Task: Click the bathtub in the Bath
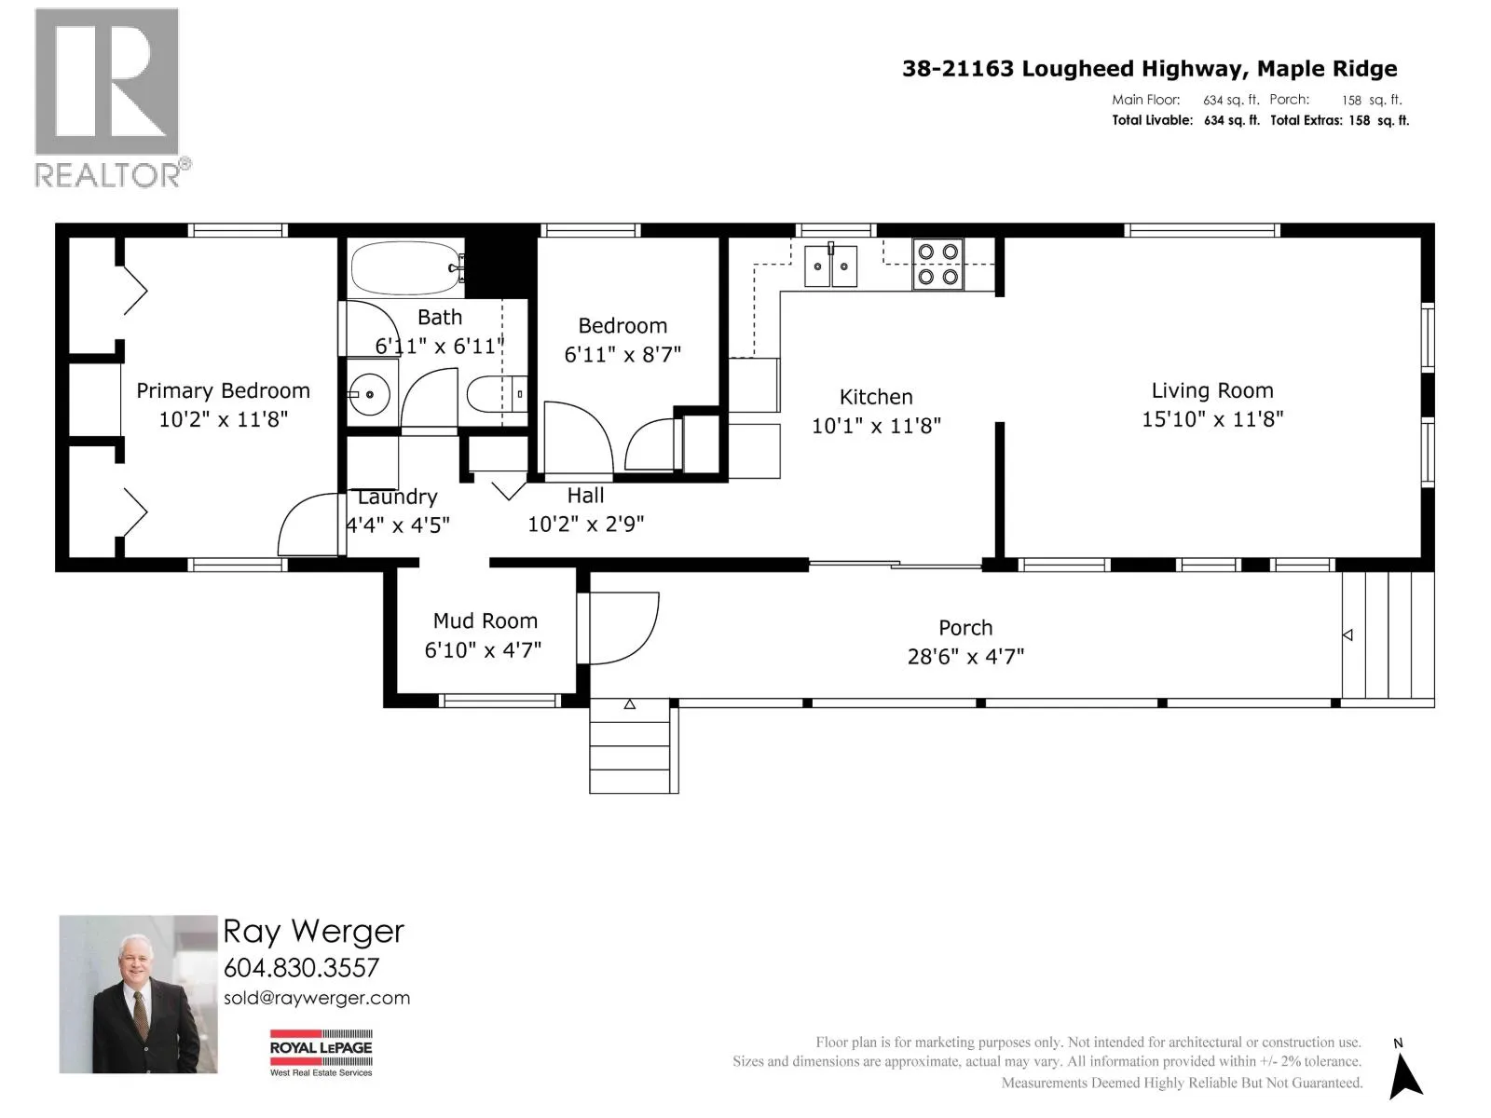(x=406, y=267)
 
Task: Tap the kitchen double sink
(x=830, y=266)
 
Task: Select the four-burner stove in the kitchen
(x=937, y=264)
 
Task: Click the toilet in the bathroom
(x=497, y=394)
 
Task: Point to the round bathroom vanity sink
(x=370, y=394)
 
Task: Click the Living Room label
(x=1212, y=390)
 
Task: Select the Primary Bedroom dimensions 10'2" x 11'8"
(x=224, y=419)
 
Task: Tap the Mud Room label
(x=485, y=620)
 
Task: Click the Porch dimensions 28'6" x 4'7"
(x=965, y=657)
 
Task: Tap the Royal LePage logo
(x=321, y=1053)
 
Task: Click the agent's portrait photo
(x=138, y=994)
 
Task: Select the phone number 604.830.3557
(x=301, y=967)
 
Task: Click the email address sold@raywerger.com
(x=317, y=998)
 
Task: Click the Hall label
(x=585, y=496)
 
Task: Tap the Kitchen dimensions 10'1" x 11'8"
(x=876, y=426)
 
